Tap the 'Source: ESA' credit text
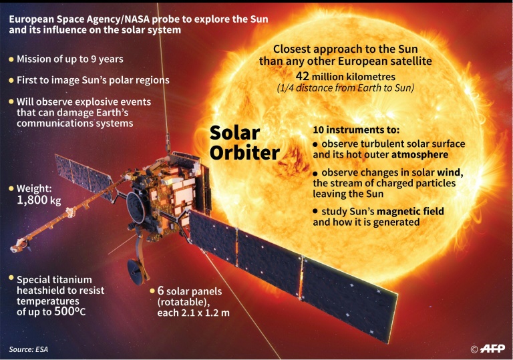click(29, 349)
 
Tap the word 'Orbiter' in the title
click(244, 153)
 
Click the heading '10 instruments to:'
click(356, 129)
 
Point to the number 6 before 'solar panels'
click(161, 291)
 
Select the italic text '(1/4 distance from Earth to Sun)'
click(345, 88)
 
